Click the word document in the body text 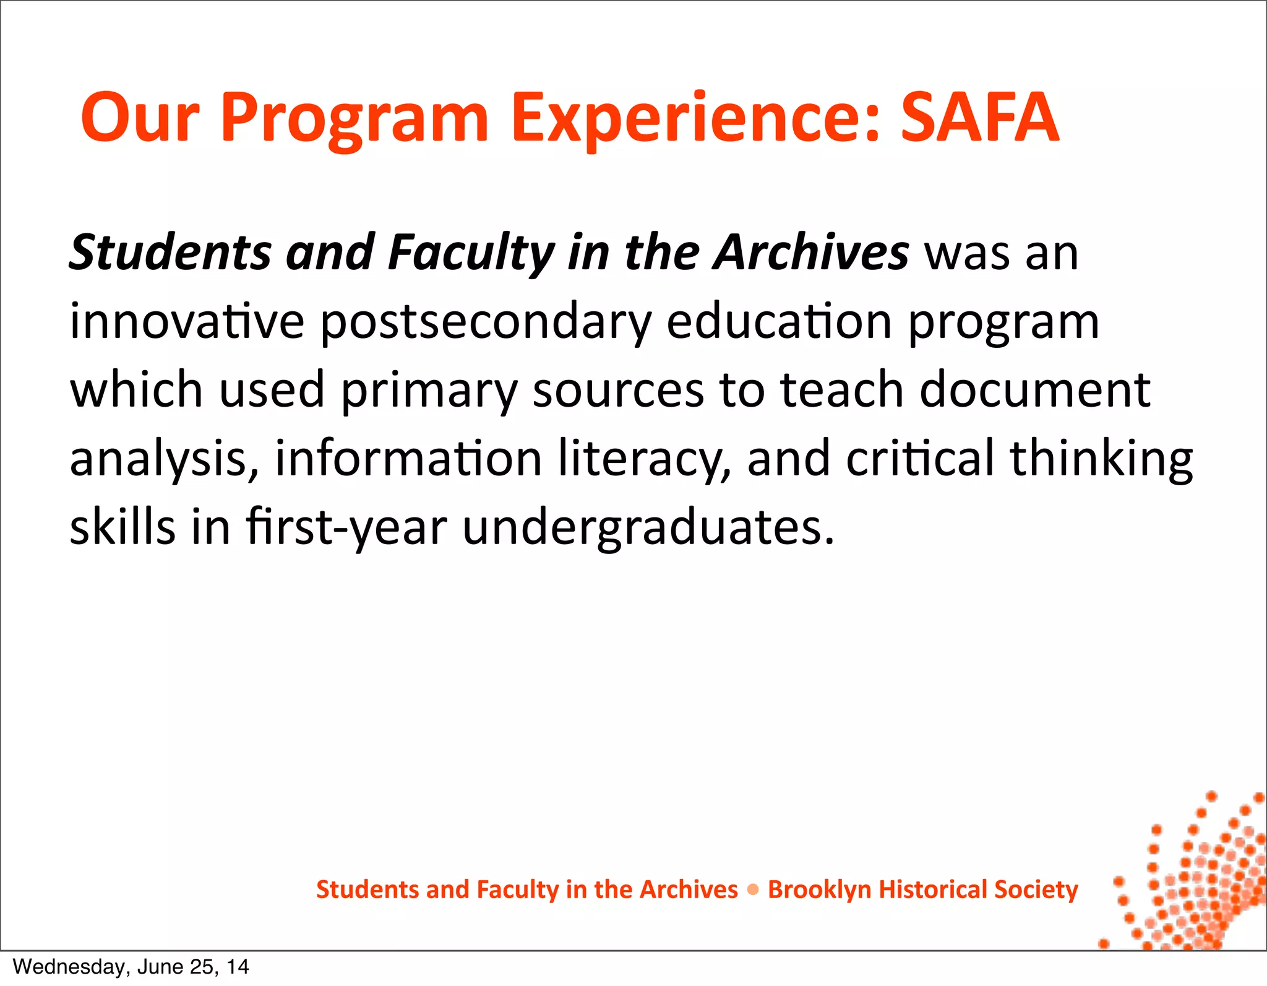1034,390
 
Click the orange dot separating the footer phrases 753,890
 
